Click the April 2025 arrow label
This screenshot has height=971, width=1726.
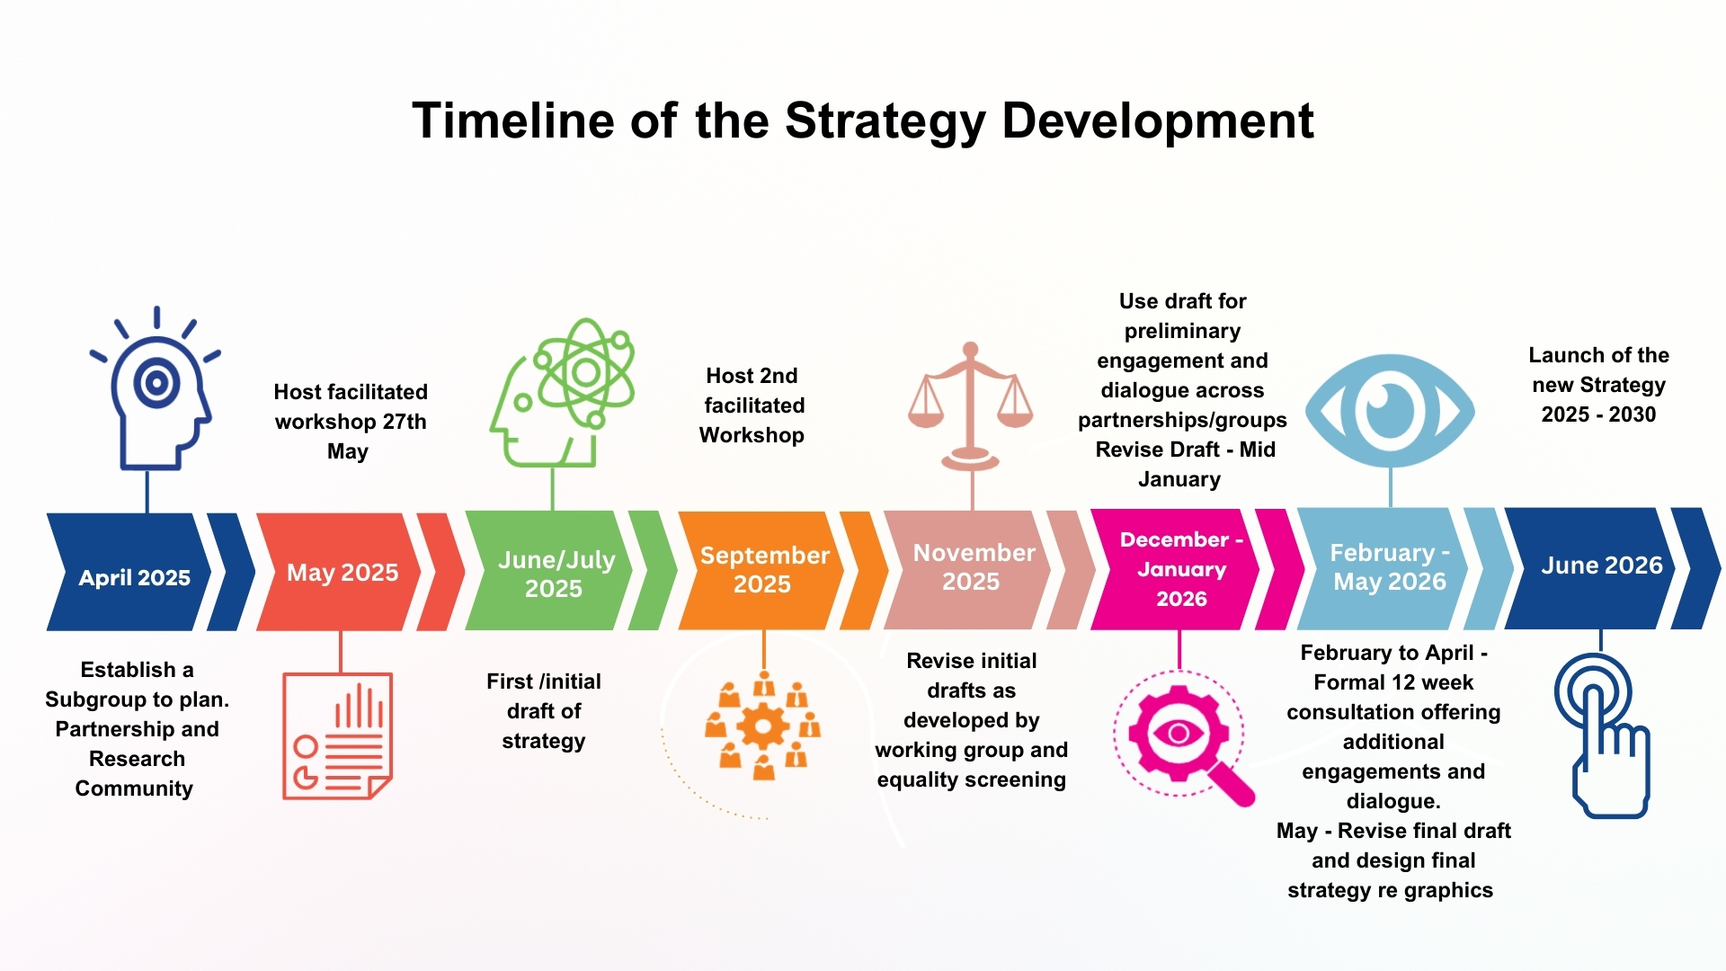click(134, 577)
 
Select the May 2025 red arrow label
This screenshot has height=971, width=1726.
click(342, 573)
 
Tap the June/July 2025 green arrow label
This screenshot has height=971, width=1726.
click(555, 574)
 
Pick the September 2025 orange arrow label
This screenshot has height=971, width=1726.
click(763, 569)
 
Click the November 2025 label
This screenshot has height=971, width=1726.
click(973, 566)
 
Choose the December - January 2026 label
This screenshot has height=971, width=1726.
click(1181, 569)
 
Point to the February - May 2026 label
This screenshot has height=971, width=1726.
click(1389, 566)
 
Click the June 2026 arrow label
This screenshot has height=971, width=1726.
click(1601, 565)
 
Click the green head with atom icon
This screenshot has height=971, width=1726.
click(563, 393)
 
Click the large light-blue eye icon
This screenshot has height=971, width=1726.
click(1390, 410)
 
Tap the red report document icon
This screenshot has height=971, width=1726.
click(337, 735)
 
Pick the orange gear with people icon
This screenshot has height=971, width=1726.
click(763, 725)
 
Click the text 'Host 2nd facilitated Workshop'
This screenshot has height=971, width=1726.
click(752, 405)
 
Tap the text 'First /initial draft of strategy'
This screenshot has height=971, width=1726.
click(544, 711)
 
